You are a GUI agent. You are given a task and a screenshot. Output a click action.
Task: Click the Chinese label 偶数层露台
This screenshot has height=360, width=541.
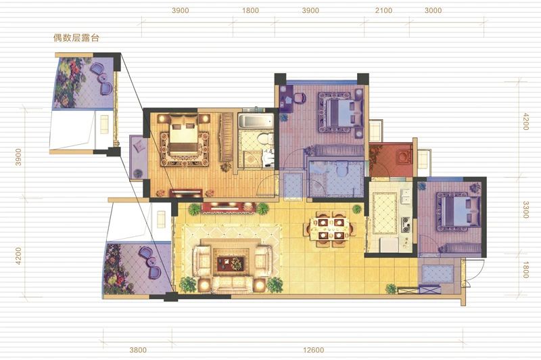76,38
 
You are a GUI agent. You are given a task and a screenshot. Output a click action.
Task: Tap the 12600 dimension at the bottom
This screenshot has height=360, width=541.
314,350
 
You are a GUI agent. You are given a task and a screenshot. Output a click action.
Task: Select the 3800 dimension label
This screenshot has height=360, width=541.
138,350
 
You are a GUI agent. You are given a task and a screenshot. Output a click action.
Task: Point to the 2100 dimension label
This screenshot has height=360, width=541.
383,10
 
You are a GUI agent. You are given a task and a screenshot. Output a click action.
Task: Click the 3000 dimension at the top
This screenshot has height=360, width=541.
433,10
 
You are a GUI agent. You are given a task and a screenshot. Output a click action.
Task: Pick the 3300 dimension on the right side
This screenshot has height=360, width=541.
525,210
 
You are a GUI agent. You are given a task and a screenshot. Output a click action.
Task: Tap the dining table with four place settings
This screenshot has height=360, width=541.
331,228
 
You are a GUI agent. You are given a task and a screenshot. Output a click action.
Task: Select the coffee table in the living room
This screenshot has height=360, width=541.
231,263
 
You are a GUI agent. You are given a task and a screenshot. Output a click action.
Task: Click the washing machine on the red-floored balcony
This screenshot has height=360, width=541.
403,157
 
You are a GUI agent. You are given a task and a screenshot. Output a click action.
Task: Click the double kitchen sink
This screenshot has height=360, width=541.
405,199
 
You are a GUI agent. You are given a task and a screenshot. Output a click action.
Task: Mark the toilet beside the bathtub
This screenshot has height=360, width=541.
266,139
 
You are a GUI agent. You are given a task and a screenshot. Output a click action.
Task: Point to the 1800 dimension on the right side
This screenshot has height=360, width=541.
525,269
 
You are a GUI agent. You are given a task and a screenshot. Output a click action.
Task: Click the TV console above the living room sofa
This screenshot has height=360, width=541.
229,208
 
